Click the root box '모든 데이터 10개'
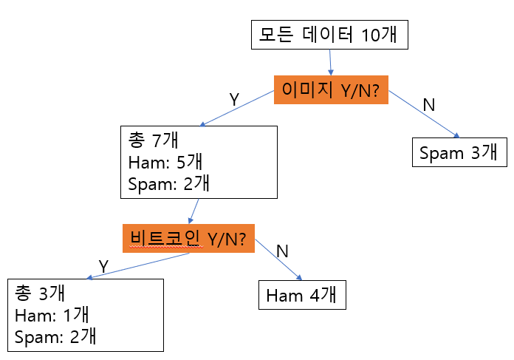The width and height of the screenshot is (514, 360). [329, 34]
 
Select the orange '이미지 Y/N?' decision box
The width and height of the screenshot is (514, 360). [332, 89]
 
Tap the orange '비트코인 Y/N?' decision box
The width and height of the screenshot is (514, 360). [188, 239]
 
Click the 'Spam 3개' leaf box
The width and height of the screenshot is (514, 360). [459, 153]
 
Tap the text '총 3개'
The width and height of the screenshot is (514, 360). [35, 293]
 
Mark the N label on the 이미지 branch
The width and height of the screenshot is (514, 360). [428, 104]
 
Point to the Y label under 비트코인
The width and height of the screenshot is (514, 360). [103, 265]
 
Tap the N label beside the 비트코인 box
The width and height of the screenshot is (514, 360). [281, 250]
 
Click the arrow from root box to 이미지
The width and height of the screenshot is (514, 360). [330, 61]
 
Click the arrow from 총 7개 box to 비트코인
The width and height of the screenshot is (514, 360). [194, 211]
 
